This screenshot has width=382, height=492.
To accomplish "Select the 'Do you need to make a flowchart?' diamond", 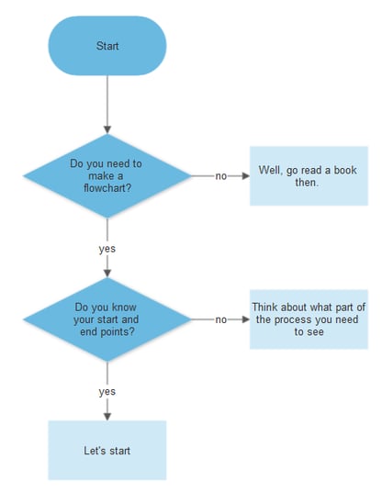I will pos(107,175).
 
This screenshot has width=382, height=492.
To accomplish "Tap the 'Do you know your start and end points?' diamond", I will pos(107,319).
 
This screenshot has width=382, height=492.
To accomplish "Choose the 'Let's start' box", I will pos(107,451).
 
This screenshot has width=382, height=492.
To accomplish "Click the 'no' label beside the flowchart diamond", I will pos(221,176).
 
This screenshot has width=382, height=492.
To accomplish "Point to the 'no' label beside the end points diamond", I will pos(221,319).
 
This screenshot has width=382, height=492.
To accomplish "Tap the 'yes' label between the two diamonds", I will pos(107,248).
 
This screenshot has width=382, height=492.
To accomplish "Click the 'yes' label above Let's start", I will pos(107,391).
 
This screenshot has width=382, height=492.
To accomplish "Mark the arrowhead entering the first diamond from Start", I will pos(107,128).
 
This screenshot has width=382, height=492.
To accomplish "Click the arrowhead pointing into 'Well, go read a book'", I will pos(245,175).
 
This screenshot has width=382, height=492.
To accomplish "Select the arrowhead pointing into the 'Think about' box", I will pos(245,319).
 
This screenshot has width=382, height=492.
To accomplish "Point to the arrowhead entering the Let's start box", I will pos(107,416).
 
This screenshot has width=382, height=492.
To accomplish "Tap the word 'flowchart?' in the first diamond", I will pos(107,189).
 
